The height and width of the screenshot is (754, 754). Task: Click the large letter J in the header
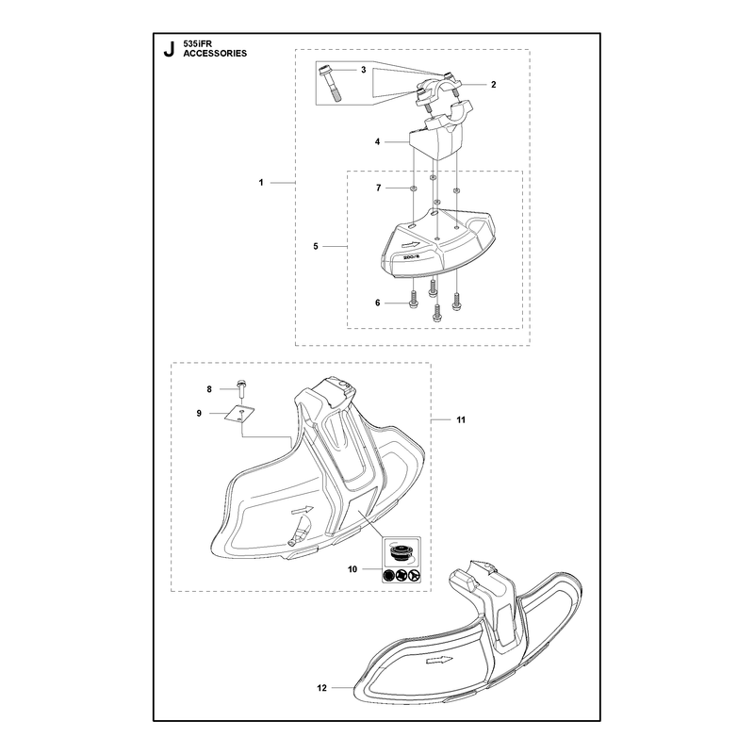click(x=169, y=50)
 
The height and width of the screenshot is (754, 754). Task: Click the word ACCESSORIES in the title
click(x=215, y=54)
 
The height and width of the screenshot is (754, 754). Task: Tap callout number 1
click(x=261, y=183)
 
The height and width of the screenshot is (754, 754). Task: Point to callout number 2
click(x=493, y=85)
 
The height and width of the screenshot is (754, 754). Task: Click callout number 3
click(x=364, y=70)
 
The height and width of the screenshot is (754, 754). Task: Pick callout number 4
click(x=378, y=142)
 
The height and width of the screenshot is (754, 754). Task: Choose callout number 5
click(x=316, y=246)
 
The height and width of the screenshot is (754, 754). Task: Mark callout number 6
click(x=378, y=303)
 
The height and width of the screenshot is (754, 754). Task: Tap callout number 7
click(x=379, y=188)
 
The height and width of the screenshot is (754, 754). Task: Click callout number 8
click(x=209, y=389)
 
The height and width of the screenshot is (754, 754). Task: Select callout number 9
click(x=199, y=413)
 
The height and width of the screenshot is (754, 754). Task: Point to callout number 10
click(x=352, y=569)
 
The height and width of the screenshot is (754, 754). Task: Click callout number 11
click(x=461, y=419)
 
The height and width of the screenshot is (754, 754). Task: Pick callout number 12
click(x=321, y=688)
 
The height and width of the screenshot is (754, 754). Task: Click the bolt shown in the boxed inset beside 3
click(x=330, y=83)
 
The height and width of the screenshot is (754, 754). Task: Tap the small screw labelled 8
click(x=241, y=387)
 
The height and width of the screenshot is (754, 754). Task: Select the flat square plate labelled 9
click(x=239, y=414)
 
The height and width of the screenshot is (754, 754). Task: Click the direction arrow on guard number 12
click(x=439, y=661)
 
